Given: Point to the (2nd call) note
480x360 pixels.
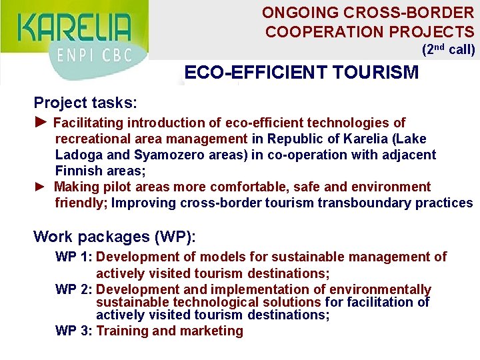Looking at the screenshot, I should [x=448, y=49].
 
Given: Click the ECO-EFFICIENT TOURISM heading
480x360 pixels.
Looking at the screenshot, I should [x=301, y=72].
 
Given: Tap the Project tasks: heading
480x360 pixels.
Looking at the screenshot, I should [x=85, y=103].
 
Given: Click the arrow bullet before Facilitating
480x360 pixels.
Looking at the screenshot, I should [x=41, y=122].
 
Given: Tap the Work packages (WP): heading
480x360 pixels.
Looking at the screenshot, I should [x=114, y=237].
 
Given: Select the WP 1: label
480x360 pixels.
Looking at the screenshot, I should [x=74, y=257].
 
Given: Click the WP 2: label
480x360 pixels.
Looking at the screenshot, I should [x=74, y=289].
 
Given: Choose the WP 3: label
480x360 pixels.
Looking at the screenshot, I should [x=74, y=331].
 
